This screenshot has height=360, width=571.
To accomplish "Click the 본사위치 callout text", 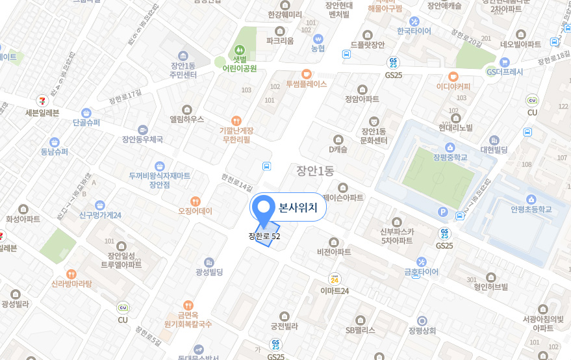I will point(298,208).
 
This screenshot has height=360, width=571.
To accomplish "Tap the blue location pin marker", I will point(264,209).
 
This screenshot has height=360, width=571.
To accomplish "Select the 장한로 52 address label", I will point(264,237).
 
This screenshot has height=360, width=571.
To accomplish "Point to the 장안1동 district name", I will point(314,172).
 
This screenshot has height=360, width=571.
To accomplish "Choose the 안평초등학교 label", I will point(531,209).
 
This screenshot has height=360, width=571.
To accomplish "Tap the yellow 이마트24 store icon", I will point(335,279).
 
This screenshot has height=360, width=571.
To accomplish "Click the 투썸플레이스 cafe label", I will point(306,84).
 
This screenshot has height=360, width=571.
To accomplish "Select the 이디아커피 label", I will point(453,86).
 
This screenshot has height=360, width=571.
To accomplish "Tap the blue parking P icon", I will point(444,211).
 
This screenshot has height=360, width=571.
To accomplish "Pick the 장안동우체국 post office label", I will point(142,139).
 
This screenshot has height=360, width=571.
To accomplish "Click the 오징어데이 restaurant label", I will point(195,211).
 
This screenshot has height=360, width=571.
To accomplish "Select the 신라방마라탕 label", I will point(72,283).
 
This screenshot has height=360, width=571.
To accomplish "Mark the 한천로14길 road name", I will point(236,182).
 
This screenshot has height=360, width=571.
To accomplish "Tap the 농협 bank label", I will point(318,49).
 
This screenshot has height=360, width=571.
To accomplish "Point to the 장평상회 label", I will point(422,330).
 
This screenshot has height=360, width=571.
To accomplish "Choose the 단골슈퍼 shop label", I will point(86,122).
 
